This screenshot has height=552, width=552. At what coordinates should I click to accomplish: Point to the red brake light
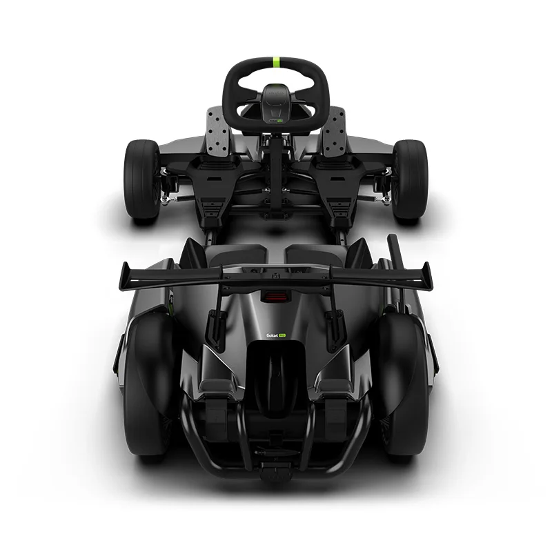click(x=275, y=297)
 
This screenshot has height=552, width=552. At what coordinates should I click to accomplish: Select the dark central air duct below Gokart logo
click(x=275, y=373)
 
